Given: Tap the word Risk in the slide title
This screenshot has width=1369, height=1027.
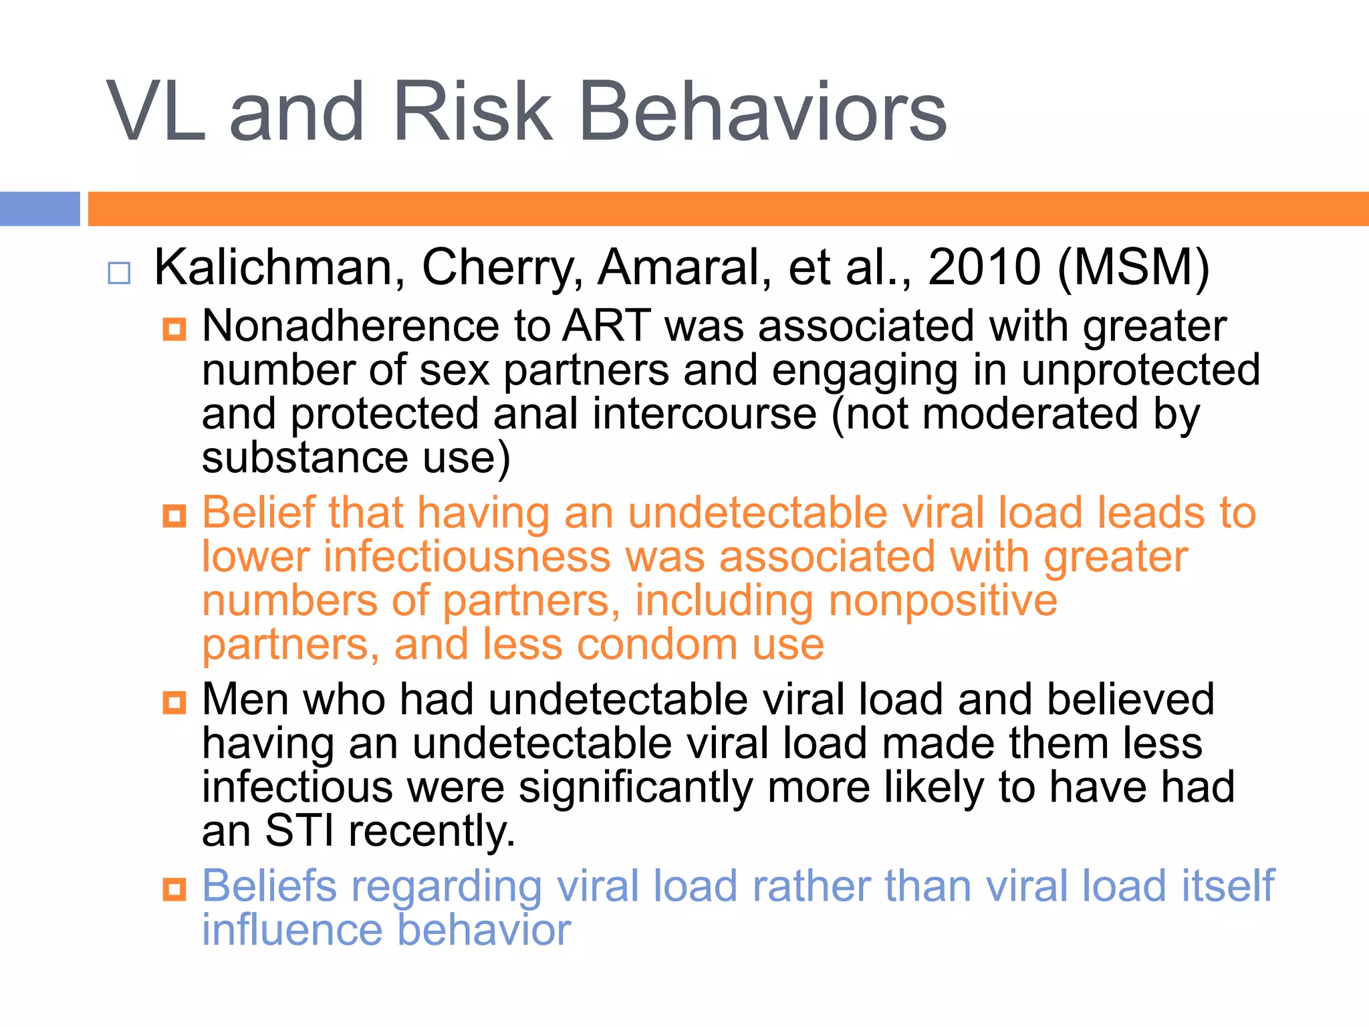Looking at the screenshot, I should [x=473, y=112].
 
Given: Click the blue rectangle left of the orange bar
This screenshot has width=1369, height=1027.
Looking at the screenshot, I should [x=39, y=209].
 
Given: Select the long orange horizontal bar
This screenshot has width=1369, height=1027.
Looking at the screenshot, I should [x=728, y=209].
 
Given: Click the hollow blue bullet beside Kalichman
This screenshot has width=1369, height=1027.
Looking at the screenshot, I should [x=119, y=273].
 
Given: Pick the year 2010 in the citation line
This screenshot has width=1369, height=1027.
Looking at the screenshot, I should [x=984, y=267].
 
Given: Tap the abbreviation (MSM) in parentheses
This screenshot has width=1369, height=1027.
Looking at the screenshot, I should [x=1134, y=267].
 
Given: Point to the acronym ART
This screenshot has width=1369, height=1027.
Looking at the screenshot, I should [x=606, y=326].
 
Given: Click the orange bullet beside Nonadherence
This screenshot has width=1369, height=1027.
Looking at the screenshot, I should [x=174, y=329].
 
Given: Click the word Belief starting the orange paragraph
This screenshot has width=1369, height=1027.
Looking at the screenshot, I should [x=258, y=513].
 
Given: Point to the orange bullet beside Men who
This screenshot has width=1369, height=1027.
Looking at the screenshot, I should [x=174, y=703].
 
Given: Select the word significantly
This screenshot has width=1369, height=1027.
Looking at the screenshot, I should [x=636, y=787].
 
